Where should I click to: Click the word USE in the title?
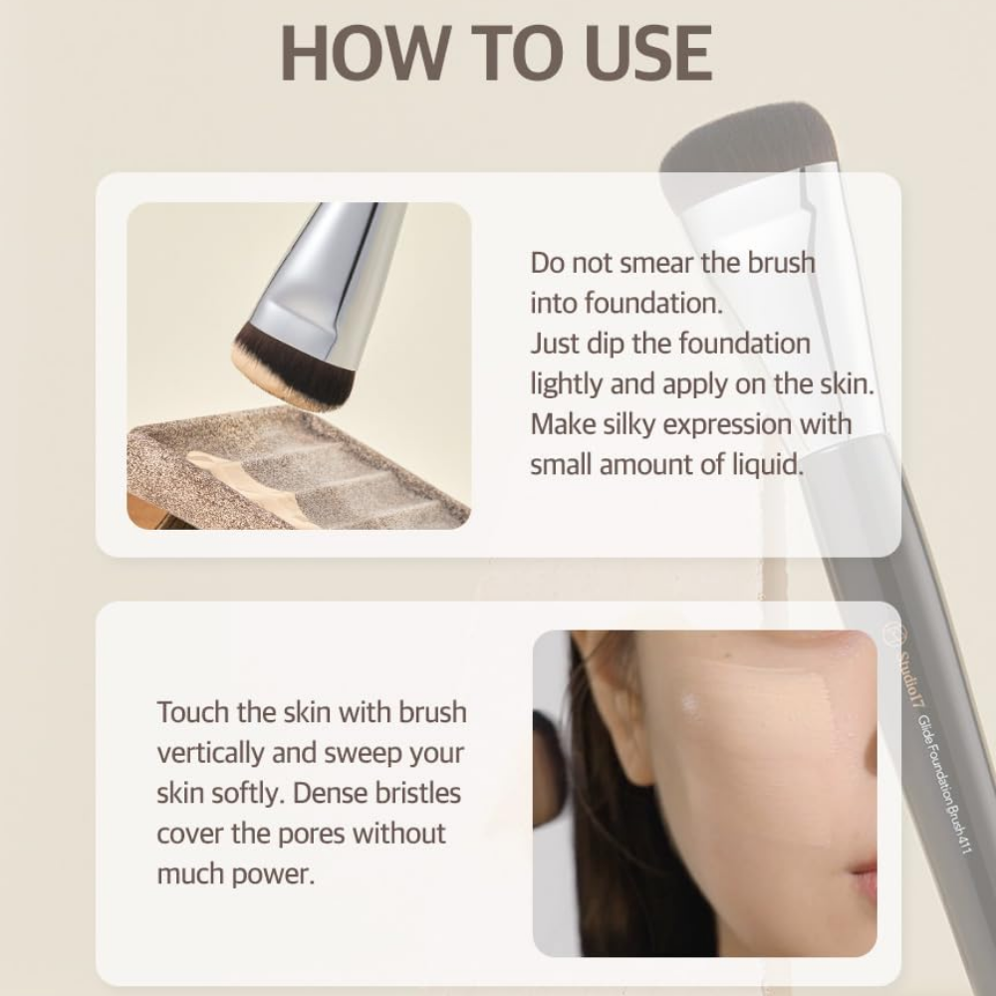pos(646,53)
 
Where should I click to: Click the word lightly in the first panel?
pos(566,384)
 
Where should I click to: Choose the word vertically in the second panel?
pos(210,753)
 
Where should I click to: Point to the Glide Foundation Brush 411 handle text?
pos(942,784)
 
